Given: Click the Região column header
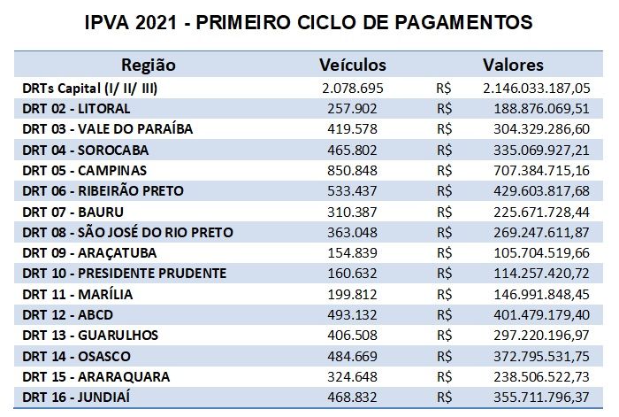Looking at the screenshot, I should [148, 66].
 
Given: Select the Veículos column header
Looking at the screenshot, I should [353, 66].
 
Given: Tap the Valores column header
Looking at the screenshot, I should [513, 66].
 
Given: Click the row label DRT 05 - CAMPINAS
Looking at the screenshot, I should [85, 170].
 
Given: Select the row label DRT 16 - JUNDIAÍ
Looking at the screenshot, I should [80, 397].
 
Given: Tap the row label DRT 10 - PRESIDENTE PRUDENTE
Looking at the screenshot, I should [124, 273].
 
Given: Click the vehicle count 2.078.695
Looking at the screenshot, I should [353, 88].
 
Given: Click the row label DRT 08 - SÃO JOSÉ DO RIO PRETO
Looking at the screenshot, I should [127, 232].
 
